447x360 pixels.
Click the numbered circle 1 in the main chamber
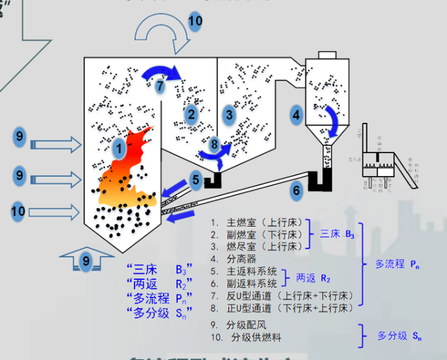[x=119, y=149]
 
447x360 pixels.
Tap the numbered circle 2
[x=191, y=115]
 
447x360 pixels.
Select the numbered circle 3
[x=229, y=115]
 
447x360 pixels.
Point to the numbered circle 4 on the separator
[x=297, y=115]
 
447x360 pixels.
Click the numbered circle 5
[x=196, y=178]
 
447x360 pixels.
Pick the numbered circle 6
[x=297, y=191]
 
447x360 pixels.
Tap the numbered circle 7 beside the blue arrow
[x=160, y=85]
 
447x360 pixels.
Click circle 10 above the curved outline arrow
[x=195, y=20]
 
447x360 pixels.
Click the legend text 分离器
[x=242, y=259]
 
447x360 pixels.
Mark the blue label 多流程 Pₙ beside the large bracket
[x=398, y=264]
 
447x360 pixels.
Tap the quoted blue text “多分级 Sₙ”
[x=161, y=311]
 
